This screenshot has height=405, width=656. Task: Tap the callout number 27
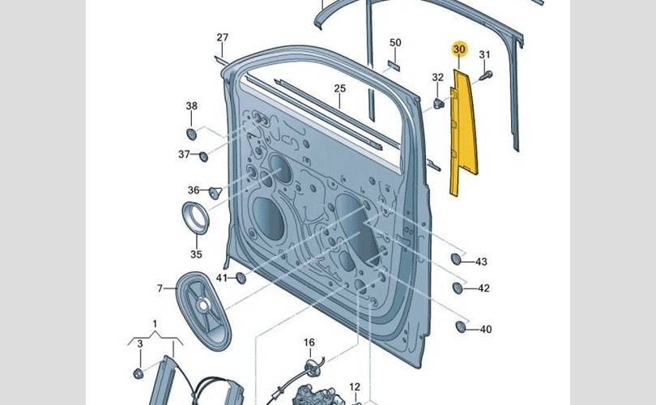click(223, 38)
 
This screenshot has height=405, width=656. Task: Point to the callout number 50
click(395, 42)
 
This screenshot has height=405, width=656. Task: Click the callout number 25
click(339, 87)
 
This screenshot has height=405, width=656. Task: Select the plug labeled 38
click(191, 133)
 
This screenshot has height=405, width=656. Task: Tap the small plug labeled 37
click(203, 156)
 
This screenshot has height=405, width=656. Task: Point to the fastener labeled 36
click(215, 192)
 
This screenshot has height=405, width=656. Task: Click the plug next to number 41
click(240, 279)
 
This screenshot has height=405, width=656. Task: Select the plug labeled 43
click(456, 259)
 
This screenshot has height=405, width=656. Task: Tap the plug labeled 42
click(458, 288)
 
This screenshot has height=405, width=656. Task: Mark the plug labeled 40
click(461, 327)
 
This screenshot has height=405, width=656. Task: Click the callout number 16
click(309, 343)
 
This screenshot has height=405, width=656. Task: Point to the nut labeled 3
click(138, 373)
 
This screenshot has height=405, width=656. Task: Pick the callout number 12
click(355, 387)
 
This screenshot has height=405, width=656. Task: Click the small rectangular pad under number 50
click(395, 62)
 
